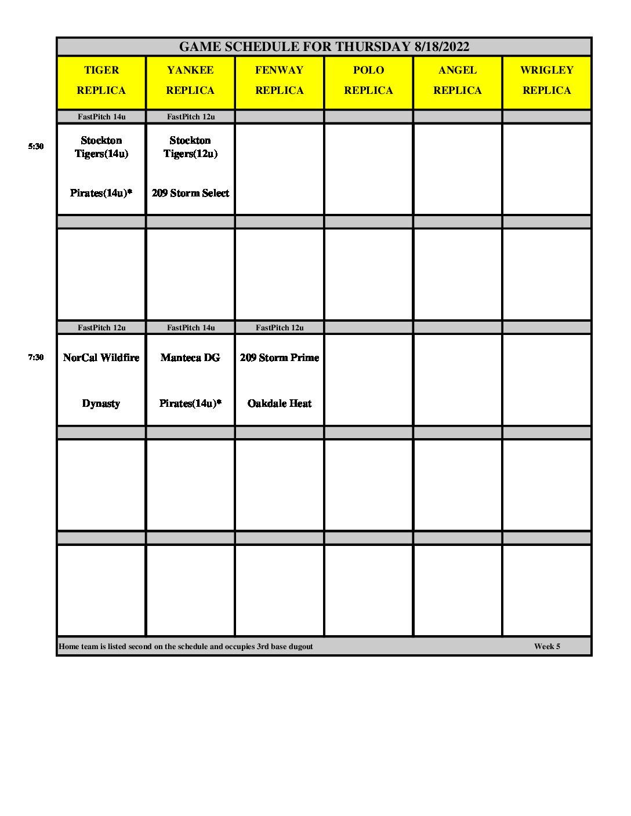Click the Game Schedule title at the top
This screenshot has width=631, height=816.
(x=324, y=47)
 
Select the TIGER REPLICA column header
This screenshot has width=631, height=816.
(x=101, y=80)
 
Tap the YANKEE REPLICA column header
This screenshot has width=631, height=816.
(x=190, y=80)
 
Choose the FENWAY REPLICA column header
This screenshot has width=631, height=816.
(x=279, y=80)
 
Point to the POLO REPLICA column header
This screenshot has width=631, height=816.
(x=368, y=80)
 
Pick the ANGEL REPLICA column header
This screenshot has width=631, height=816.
(x=458, y=80)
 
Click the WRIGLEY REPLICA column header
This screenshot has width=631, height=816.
(x=546, y=80)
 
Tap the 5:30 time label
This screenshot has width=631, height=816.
(x=36, y=147)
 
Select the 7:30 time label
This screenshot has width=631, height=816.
(x=36, y=358)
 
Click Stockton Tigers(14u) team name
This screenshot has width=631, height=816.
(x=101, y=147)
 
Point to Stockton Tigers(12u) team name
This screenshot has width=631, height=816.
(x=190, y=147)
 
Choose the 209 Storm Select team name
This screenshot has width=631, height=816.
(x=190, y=193)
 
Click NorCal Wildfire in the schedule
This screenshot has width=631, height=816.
(x=101, y=358)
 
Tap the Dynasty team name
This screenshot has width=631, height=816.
(x=101, y=403)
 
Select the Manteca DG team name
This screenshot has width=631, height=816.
(x=190, y=358)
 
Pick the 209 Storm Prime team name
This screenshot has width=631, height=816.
(x=280, y=358)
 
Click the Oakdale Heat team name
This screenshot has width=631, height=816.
(x=280, y=403)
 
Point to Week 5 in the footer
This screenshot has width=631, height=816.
(x=547, y=647)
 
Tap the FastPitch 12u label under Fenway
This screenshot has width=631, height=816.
(x=280, y=328)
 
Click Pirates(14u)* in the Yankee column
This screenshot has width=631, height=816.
(x=190, y=403)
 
